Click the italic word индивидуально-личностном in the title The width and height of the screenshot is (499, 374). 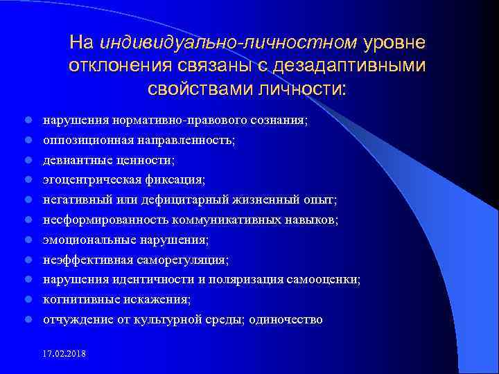coord(229,43)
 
